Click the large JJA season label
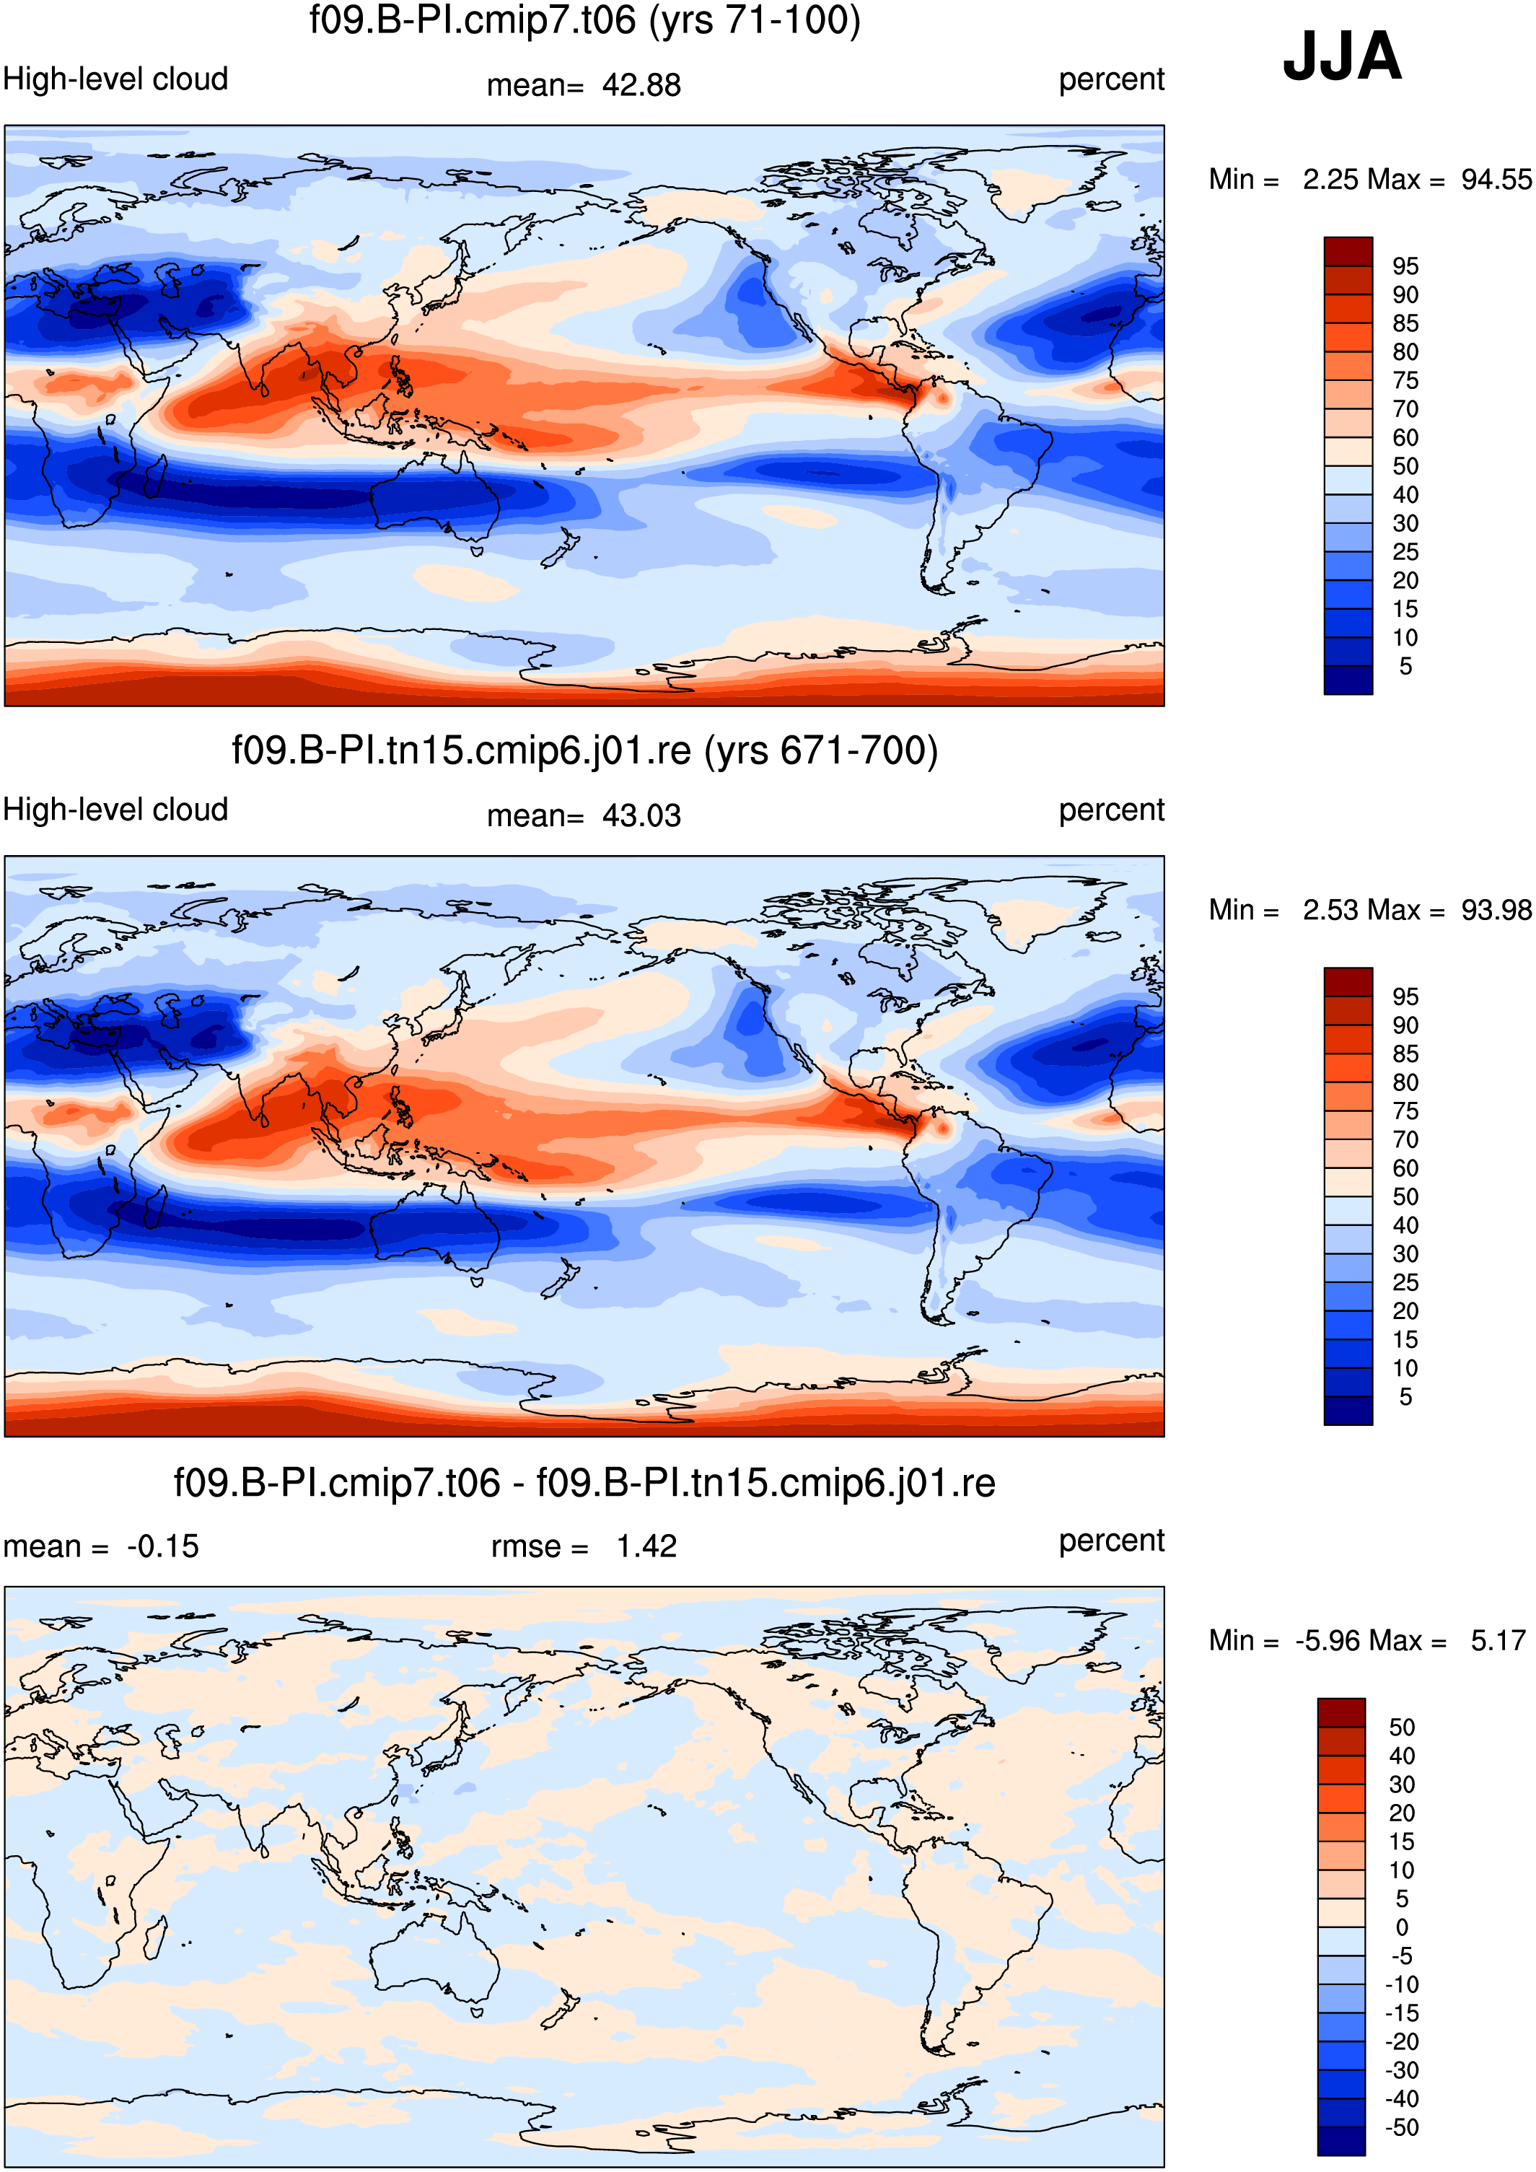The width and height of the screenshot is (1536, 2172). (x=1341, y=57)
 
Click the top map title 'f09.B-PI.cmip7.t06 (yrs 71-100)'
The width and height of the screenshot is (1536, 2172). (x=584, y=21)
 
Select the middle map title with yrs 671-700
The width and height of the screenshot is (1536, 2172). (x=584, y=751)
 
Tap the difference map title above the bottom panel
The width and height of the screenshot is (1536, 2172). (x=584, y=1482)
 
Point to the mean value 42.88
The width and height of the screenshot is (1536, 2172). (x=641, y=85)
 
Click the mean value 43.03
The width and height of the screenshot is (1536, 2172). (x=641, y=815)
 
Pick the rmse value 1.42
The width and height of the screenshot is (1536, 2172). (x=647, y=1546)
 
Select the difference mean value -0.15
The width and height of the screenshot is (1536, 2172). (x=162, y=1546)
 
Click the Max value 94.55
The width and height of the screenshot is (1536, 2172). (x=1496, y=180)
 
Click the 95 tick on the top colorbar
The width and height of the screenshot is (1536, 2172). (x=1405, y=266)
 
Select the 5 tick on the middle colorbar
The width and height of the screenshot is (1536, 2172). (x=1405, y=1397)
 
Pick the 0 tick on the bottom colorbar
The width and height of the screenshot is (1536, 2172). (x=1402, y=1927)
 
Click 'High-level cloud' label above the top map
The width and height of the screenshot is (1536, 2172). (x=115, y=79)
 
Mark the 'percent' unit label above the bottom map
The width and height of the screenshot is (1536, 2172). (x=1111, y=1542)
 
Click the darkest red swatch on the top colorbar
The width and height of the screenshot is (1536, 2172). (x=1348, y=252)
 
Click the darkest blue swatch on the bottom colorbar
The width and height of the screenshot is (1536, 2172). (x=1341, y=2142)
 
